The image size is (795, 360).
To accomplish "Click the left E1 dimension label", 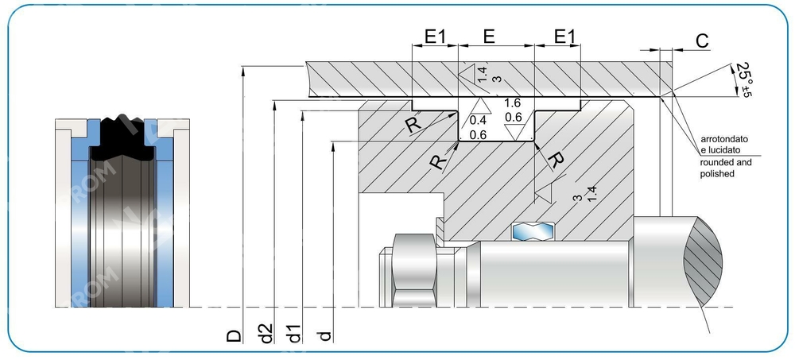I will click(x=435, y=36).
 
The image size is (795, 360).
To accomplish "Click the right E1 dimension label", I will click(x=564, y=36).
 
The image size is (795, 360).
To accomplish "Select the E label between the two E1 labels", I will click(x=490, y=36).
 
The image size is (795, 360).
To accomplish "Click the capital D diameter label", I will click(x=234, y=335).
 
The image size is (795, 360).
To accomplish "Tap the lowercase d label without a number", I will click(x=324, y=335).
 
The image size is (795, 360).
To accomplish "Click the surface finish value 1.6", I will click(x=513, y=103).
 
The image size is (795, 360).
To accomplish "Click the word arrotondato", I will click(x=726, y=139).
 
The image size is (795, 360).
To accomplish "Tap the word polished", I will click(x=717, y=173).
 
